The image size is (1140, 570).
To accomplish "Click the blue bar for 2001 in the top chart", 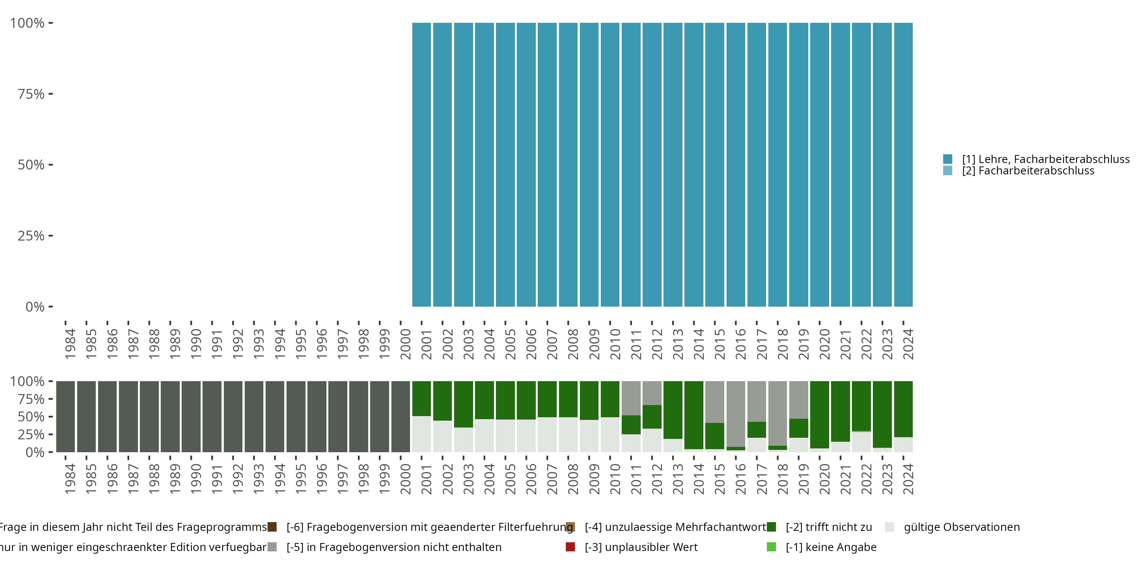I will pos(421,165).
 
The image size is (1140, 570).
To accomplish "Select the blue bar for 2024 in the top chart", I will pos(903,165).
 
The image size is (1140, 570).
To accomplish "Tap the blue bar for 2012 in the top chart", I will pos(652,165).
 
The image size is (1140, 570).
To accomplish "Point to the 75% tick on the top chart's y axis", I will pos(51,94).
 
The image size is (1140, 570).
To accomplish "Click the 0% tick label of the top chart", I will pos(35,307).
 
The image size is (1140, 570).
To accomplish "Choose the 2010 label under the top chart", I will pos(615,344).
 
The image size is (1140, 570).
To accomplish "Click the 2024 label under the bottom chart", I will pos(908,479).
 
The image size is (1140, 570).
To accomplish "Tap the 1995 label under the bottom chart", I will pos(301,479).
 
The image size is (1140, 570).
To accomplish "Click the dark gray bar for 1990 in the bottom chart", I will pos(191,416).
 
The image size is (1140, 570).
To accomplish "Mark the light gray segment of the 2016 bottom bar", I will pos(736,413).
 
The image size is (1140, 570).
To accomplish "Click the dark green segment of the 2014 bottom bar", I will pos(694,415).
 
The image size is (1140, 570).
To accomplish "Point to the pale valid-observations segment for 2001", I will pos(421,434).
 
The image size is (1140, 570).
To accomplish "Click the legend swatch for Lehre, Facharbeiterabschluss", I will pos(947,159).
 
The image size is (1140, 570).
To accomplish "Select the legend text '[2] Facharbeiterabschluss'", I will pos(1028,171).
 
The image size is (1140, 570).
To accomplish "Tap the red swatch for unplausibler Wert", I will pos(570,547).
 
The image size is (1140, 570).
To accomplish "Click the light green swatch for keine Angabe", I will pos(771,547).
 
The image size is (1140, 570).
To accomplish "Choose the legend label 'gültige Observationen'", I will pos(962,527).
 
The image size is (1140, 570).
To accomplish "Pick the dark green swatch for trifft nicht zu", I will pos(771,527).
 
